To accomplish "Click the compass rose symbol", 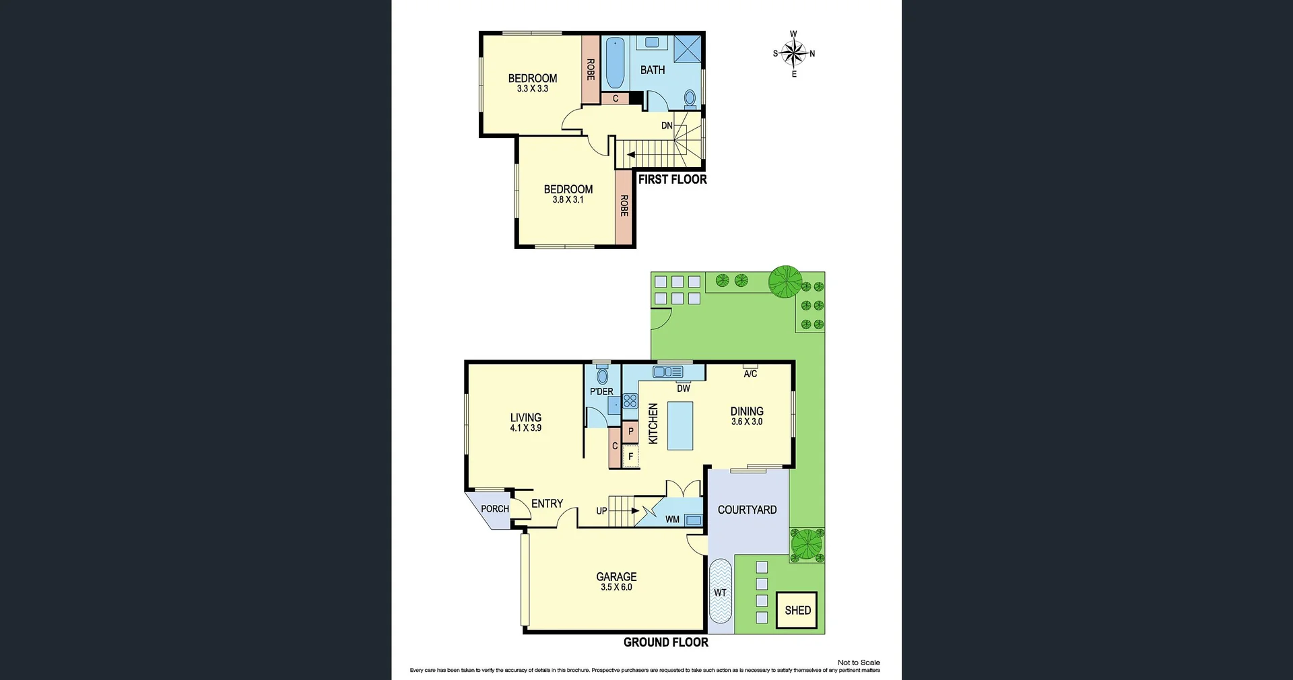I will click(793, 53).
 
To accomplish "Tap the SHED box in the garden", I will click(797, 610).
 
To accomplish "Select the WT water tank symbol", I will click(720, 592).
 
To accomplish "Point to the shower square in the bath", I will click(688, 48).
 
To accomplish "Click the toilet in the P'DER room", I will click(602, 374).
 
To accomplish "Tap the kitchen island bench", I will click(680, 426).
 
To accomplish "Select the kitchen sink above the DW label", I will click(667, 372).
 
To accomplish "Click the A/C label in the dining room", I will click(750, 374).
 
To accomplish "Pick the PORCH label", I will click(495, 509).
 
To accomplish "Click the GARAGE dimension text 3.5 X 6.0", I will click(616, 587).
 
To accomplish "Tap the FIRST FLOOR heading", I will click(672, 179).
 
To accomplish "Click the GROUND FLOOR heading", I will click(665, 642).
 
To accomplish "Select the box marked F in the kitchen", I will click(631, 456).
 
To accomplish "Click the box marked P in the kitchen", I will click(631, 432).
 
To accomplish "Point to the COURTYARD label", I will click(747, 510).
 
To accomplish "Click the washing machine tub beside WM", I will click(693, 520).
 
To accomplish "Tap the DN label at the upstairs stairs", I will click(667, 126).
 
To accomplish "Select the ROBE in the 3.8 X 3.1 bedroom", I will click(624, 206).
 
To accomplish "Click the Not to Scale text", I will click(859, 662).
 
